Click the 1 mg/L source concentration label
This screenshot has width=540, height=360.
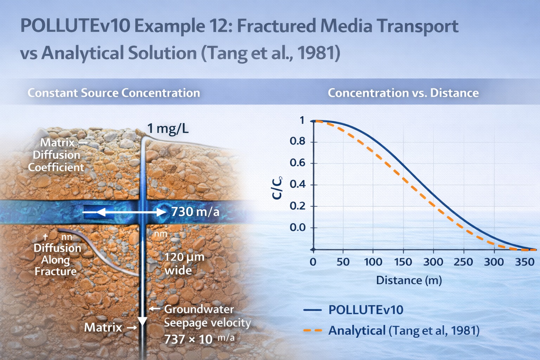pos(168,129)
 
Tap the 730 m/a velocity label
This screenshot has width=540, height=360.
pos(195,212)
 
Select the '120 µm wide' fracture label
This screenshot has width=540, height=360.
pos(184,263)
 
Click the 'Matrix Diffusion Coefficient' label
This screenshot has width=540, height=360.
pos(56,155)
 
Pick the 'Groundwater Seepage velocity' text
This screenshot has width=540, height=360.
pos(207,316)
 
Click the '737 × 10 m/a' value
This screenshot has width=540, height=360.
pos(199,339)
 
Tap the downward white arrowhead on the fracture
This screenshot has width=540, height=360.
pos(142,321)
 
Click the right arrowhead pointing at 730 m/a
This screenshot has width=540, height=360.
pos(161,212)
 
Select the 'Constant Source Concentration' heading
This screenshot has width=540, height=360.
pos(114,93)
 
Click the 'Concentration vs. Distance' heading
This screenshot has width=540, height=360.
pos(403,93)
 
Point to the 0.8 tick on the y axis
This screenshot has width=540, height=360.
pos(297,142)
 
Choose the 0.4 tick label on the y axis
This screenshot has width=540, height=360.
pos(297,185)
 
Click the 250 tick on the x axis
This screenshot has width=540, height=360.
pos(463,262)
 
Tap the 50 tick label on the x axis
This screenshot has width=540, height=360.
pos(343,262)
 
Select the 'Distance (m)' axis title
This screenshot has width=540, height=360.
pos(409,280)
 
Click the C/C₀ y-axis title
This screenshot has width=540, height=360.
pos(277,188)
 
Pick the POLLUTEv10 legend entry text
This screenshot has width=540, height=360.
pos(366,310)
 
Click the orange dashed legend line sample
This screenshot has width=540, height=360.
pos(313,330)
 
